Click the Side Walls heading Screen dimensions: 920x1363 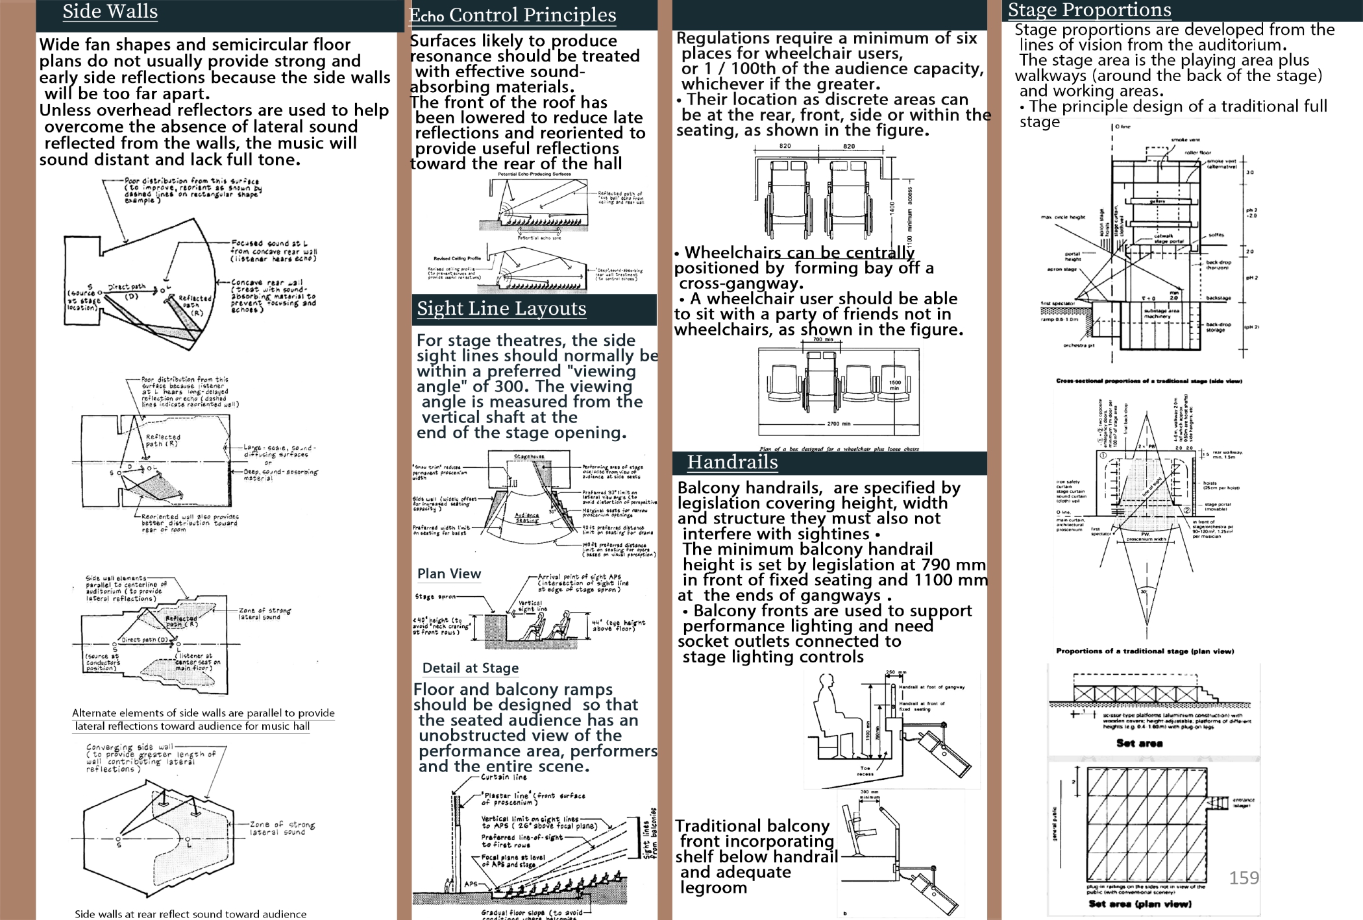pos(110,12)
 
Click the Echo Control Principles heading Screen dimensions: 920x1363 pos(513,14)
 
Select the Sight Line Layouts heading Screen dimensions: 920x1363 pos(501,308)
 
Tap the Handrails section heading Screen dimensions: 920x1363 pos(732,462)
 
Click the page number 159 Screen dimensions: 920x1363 pos(1244,878)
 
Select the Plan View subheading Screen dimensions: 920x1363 pos(448,574)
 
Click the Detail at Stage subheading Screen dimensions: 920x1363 pos(470,668)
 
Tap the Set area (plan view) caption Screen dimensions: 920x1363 pos(1140,904)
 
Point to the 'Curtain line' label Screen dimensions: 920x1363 pos(504,777)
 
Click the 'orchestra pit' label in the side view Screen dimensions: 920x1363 pos(1078,345)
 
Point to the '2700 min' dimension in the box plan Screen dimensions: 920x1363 pos(838,424)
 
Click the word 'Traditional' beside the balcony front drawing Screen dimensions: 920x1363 pos(717,826)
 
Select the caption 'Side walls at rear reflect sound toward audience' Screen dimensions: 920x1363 pos(190,914)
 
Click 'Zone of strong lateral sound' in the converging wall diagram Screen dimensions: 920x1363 pos(282,828)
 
